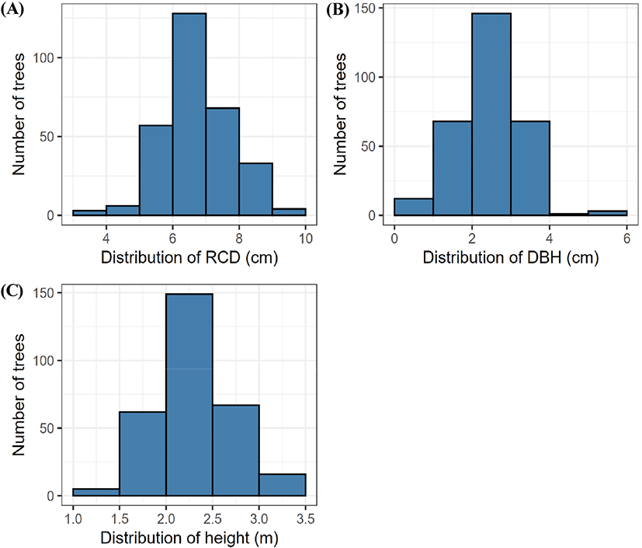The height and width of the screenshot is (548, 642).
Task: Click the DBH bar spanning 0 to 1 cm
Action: click(413, 207)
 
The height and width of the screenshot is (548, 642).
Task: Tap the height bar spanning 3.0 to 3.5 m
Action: click(283, 485)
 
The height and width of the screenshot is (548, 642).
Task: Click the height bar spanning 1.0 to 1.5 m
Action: click(96, 493)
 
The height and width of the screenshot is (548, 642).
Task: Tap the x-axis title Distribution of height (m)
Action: click(189, 536)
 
